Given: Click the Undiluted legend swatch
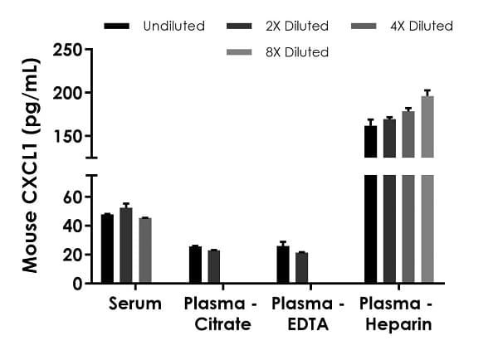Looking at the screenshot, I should pos(117,27).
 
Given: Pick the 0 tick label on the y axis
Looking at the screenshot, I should pos(76,284).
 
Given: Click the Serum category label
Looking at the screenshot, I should pos(135,304).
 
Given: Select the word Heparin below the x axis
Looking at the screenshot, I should pos(398,324).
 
